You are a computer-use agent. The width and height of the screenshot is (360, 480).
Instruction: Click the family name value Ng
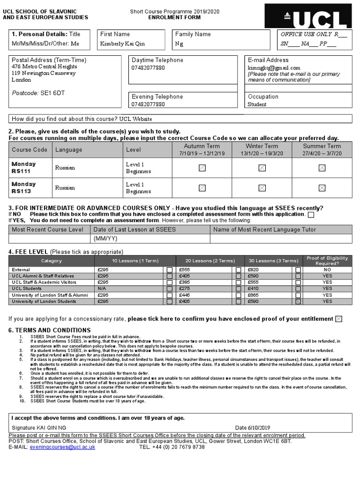[179, 44]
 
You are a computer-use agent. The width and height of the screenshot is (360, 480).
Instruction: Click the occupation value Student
[257, 105]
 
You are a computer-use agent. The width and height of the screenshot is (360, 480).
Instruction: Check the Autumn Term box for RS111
[202, 168]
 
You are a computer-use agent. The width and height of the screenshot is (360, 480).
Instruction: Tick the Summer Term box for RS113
[322, 188]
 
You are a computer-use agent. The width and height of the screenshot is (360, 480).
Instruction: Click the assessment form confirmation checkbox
[311, 215]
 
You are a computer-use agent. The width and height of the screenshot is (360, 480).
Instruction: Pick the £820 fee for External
[253, 270]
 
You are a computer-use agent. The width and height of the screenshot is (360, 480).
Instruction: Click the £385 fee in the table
[184, 283]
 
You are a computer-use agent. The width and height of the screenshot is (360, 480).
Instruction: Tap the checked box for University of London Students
[298, 302]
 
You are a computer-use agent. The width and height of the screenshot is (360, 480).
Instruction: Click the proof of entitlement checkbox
[338, 319]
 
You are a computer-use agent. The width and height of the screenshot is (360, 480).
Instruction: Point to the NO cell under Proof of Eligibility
[327, 270]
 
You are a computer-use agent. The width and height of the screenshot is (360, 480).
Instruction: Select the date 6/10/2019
[259, 427]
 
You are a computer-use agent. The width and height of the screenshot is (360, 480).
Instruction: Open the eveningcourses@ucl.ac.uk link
[62, 447]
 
